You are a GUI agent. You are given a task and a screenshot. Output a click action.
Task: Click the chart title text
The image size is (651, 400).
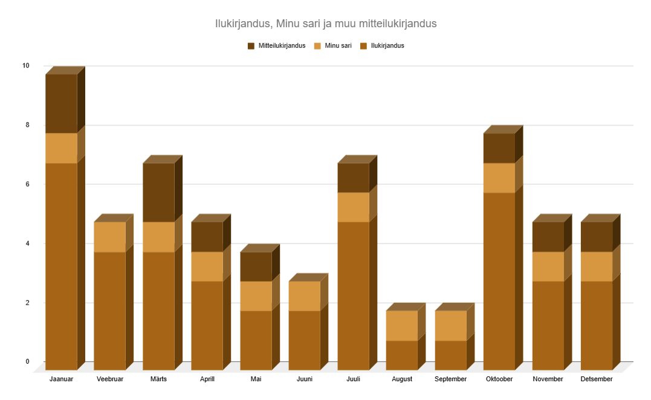pyautogui.click(x=325, y=24)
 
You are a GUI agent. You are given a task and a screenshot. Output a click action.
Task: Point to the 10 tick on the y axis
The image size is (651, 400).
pyautogui.click(x=25, y=65)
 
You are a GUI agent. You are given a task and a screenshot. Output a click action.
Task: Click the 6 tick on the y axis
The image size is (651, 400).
pyautogui.click(x=27, y=184)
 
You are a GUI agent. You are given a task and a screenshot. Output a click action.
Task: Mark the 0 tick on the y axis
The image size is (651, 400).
pyautogui.click(x=27, y=361)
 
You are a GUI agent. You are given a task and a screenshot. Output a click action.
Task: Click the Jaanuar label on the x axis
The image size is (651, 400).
pyautogui.click(x=61, y=379)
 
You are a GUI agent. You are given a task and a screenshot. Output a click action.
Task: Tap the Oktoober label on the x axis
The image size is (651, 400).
pyautogui.click(x=499, y=379)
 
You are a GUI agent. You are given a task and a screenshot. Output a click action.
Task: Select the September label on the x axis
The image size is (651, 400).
pyautogui.click(x=450, y=379)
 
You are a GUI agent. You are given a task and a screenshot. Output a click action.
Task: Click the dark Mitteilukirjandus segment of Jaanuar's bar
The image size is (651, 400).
pyautogui.click(x=61, y=103)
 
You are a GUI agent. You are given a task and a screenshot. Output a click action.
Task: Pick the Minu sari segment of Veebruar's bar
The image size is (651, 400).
pyautogui.click(x=109, y=237)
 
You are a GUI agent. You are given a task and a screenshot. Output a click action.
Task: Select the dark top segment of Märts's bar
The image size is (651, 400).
pyautogui.click(x=158, y=192)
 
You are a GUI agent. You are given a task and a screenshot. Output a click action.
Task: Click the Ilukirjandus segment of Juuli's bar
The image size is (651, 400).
pyautogui.click(x=353, y=295)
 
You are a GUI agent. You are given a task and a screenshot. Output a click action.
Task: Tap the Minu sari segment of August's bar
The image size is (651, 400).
pyautogui.click(x=401, y=326)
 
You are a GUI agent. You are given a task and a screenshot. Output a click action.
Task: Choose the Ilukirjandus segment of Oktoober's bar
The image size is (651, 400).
pyautogui.click(x=499, y=281)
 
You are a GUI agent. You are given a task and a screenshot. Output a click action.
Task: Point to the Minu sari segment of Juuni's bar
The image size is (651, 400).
pyautogui.click(x=304, y=296)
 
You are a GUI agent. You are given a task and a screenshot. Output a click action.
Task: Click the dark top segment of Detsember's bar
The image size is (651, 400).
pyautogui.click(x=597, y=237)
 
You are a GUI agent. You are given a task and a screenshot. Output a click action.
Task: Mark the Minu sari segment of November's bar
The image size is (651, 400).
pyautogui.click(x=548, y=266)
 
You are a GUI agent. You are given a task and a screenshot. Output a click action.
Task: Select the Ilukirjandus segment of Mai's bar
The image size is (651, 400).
pyautogui.click(x=256, y=340)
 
